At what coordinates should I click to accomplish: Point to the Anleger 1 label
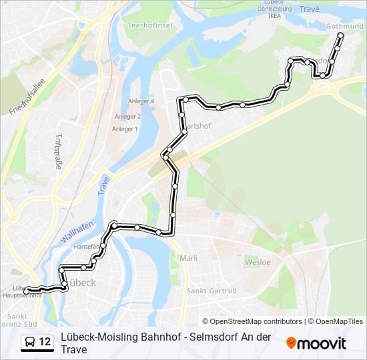(x=125, y=129)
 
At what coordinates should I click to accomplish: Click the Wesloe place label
(x=258, y=262)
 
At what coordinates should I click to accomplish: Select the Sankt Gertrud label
(x=212, y=291)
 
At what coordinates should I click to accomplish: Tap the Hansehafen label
(x=87, y=246)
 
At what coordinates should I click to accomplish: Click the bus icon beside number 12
(x=29, y=343)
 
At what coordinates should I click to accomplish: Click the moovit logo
(x=316, y=343)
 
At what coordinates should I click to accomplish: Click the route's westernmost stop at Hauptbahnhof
(x=26, y=291)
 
